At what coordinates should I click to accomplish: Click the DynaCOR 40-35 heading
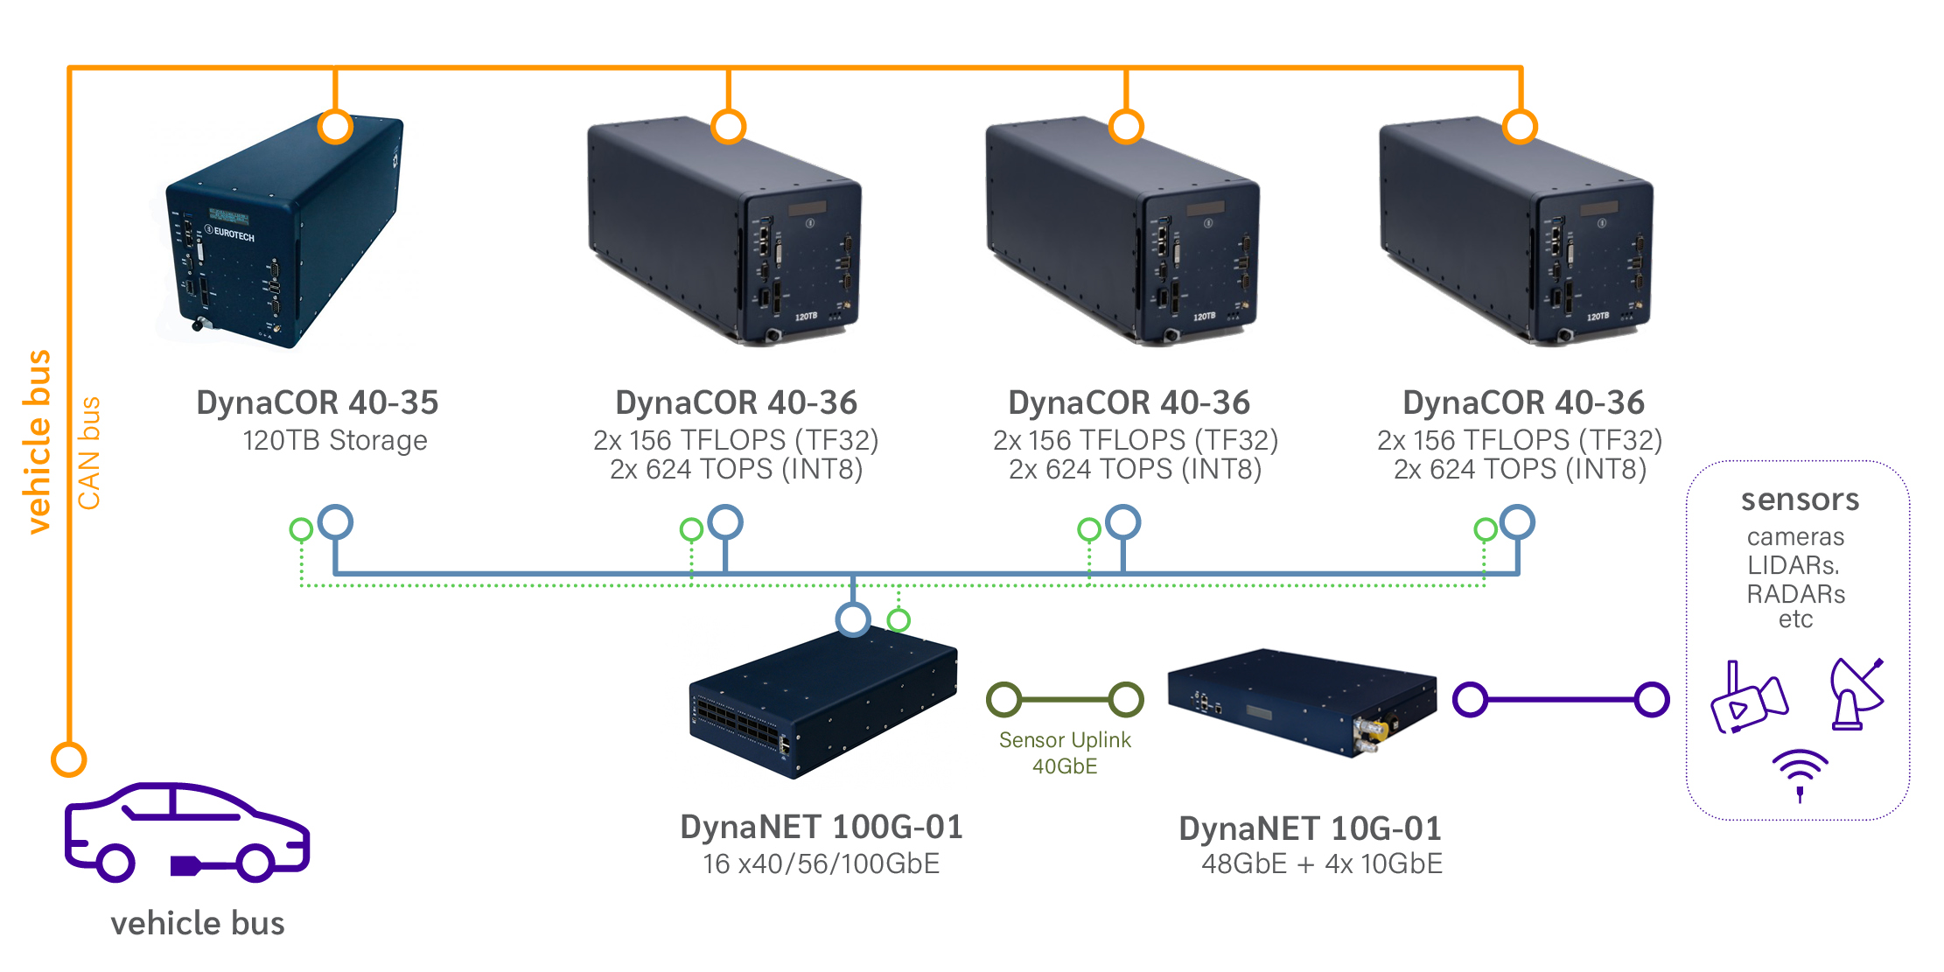click(x=317, y=402)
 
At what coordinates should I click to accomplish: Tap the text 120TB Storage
click(x=335, y=440)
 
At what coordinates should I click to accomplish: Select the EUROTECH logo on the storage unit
click(x=230, y=233)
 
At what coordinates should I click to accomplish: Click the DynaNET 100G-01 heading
click(x=822, y=827)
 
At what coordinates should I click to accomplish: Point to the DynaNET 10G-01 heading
click(x=1310, y=829)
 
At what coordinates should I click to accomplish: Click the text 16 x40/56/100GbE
click(x=821, y=864)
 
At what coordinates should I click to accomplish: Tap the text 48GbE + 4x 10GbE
click(x=1322, y=864)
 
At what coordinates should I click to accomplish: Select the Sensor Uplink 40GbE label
click(x=1065, y=752)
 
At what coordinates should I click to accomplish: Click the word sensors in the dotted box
click(x=1800, y=500)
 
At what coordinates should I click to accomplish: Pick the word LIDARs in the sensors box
click(x=1794, y=565)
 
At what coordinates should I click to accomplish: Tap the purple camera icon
click(x=1748, y=698)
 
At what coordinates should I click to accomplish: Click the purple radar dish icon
click(x=1857, y=694)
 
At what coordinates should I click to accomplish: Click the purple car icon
click(x=187, y=831)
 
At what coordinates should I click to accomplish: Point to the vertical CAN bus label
click(x=89, y=453)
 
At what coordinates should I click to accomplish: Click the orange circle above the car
click(x=68, y=759)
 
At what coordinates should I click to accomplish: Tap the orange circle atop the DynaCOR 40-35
click(x=335, y=127)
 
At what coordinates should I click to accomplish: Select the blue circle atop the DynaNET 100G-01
click(x=853, y=619)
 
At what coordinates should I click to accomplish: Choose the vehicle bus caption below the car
click(x=198, y=923)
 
